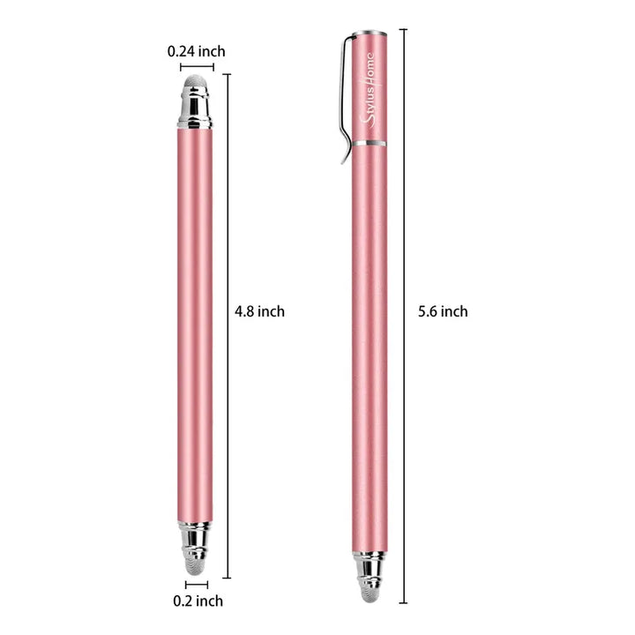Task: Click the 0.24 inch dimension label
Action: click(197, 51)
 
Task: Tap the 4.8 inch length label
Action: click(259, 311)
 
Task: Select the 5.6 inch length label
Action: click(443, 311)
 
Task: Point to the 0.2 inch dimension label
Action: click(198, 601)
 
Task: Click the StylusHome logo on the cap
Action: click(369, 91)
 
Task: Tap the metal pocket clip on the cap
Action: click(347, 99)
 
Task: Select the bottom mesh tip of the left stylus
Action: click(197, 565)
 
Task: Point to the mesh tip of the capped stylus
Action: click(370, 594)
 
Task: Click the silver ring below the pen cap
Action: click(369, 144)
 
